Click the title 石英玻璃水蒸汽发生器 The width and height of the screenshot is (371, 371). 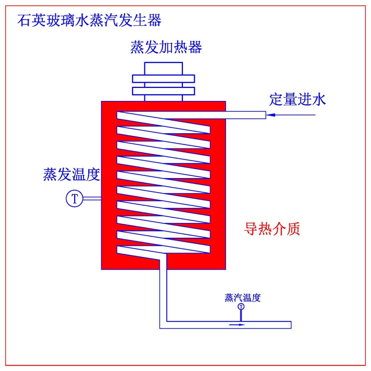(x=89, y=21)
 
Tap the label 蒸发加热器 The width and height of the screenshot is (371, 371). (x=166, y=47)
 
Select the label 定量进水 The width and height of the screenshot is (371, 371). (x=298, y=99)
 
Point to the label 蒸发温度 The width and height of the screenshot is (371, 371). (x=72, y=174)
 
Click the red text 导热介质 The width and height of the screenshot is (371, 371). (x=272, y=229)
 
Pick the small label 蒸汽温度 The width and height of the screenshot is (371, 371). (x=243, y=298)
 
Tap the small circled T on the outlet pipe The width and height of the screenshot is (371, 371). (x=242, y=306)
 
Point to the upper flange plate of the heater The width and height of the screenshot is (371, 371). (x=164, y=79)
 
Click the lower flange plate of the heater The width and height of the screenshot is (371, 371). (x=164, y=91)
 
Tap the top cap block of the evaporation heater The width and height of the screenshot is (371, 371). (x=164, y=68)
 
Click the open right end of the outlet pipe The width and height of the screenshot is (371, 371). (x=290, y=325)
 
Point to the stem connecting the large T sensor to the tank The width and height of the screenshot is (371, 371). (x=92, y=199)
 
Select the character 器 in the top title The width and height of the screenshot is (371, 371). (x=154, y=21)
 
